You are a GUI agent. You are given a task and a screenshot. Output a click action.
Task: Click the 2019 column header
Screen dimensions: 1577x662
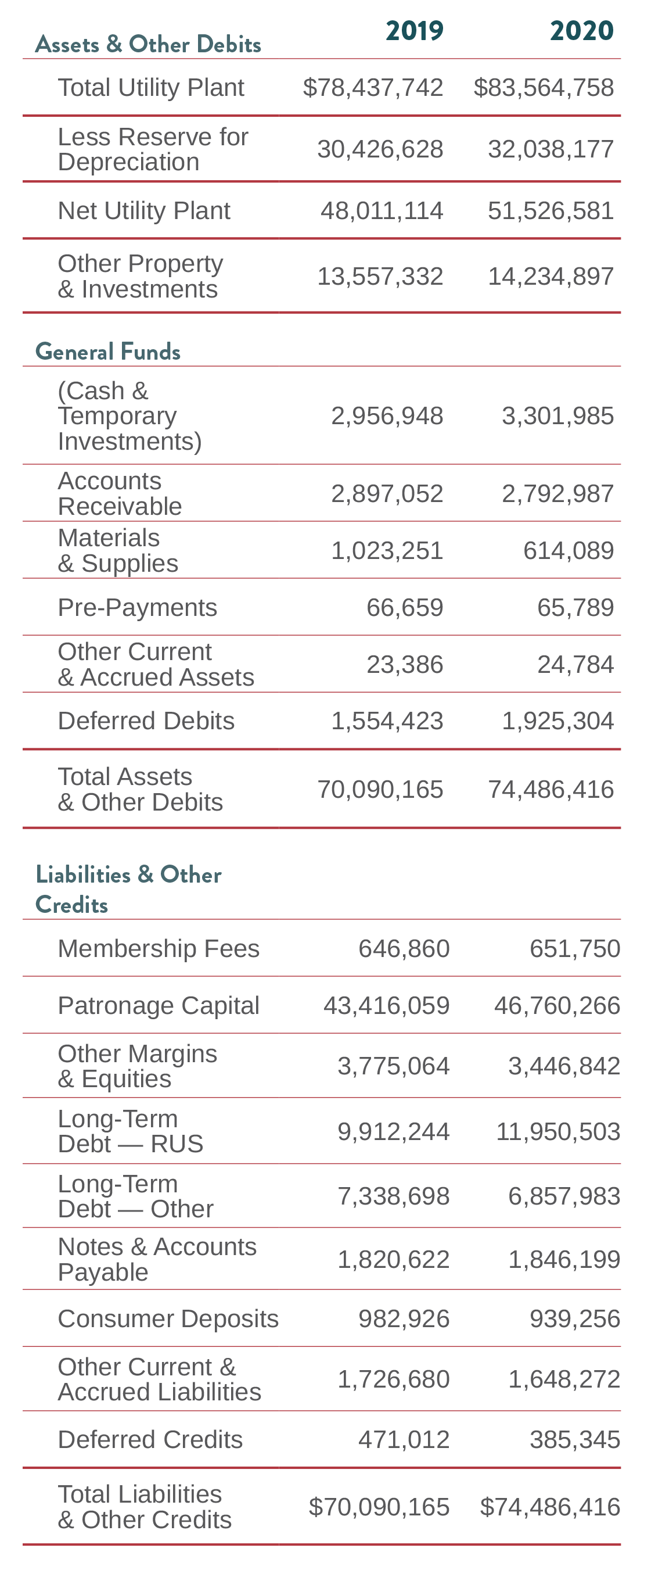[x=414, y=31]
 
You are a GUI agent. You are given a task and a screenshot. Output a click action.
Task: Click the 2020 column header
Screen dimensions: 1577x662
[x=581, y=31]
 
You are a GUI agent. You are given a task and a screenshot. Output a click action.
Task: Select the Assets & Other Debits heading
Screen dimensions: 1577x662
[x=148, y=45]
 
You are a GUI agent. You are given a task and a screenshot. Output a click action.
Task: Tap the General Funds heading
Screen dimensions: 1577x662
[x=107, y=352]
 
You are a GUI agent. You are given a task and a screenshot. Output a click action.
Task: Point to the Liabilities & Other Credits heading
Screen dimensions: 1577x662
[x=128, y=889]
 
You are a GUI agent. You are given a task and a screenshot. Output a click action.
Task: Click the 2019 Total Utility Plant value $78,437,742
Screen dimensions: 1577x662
[x=373, y=88]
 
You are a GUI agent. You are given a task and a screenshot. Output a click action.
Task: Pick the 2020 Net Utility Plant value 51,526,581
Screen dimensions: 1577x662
[x=550, y=210]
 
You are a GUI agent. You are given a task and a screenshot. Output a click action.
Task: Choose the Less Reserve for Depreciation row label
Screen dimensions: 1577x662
[x=153, y=149]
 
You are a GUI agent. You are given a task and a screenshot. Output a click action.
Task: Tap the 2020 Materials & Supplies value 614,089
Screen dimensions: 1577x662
[x=568, y=550]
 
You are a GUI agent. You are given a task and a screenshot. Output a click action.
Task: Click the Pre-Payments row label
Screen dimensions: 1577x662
[x=137, y=607]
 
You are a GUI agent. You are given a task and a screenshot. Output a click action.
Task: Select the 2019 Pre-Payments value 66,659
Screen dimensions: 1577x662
[x=404, y=607]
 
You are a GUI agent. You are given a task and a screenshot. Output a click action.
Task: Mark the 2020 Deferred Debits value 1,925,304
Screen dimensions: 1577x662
[x=557, y=721]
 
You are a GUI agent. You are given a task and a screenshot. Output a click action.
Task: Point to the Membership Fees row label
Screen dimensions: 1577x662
[x=159, y=948]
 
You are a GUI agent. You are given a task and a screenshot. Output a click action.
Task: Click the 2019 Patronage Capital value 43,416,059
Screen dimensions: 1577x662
[x=386, y=1005]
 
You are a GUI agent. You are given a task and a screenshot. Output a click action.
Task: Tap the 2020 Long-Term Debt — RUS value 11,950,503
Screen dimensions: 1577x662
[x=557, y=1131]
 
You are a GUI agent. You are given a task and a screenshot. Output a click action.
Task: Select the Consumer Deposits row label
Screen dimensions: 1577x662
[x=168, y=1318]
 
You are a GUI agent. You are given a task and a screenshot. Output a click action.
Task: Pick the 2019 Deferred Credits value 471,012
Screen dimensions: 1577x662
[x=404, y=1439]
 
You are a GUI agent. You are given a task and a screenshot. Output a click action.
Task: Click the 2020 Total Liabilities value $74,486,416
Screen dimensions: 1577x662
[x=549, y=1507]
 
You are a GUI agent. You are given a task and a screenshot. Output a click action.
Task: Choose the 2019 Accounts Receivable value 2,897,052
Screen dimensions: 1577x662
[x=387, y=493]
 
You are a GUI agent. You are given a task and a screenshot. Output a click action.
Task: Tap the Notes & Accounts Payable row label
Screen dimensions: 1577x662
[x=157, y=1259]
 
